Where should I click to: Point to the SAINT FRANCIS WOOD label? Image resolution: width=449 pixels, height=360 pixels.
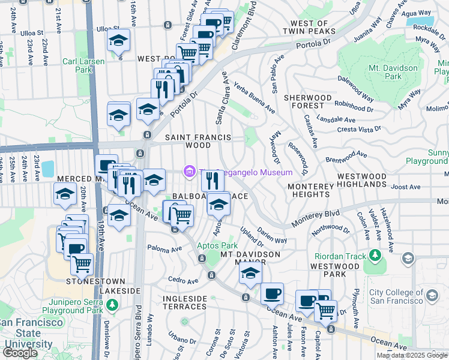(198, 141)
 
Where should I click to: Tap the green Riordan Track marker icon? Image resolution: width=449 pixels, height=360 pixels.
(375, 256)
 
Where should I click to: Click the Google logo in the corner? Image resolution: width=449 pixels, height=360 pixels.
(20, 353)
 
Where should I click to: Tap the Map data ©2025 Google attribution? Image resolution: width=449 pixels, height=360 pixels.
(412, 355)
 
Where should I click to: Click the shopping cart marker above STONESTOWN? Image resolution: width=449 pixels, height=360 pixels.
(82, 263)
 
